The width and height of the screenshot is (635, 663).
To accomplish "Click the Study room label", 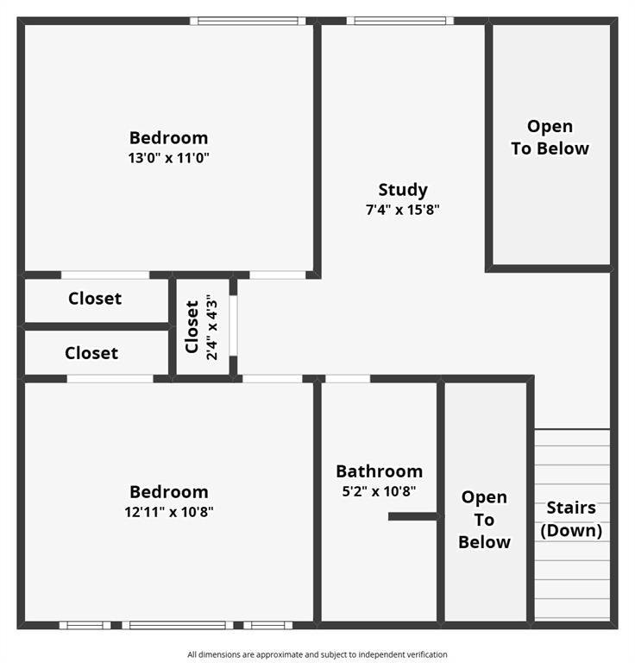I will tap(403, 190).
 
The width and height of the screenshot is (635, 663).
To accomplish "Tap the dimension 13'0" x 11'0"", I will tap(169, 158).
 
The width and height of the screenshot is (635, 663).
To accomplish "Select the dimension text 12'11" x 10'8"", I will tap(169, 511).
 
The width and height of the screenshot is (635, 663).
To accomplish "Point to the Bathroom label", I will tap(379, 471).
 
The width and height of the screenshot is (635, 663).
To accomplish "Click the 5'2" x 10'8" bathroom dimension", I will tap(379, 491).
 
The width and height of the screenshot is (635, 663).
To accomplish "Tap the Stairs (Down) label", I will tap(571, 519).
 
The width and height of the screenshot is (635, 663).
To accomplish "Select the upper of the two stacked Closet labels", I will tap(95, 299).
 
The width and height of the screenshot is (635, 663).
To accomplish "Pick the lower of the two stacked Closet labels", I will tap(91, 353).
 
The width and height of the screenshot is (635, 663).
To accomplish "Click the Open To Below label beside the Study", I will tap(550, 137).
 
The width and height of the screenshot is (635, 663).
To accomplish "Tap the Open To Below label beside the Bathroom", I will tap(484, 519).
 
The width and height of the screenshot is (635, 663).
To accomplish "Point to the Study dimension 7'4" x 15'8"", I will tap(403, 210).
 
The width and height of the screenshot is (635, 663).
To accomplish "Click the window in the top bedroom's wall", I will tap(248, 21).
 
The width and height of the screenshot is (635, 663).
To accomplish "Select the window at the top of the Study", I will tap(400, 21).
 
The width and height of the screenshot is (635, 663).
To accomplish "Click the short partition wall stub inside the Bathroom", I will tap(412, 516).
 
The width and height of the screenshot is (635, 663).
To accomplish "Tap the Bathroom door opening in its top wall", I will tap(348, 378).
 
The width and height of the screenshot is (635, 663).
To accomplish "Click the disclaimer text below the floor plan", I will tap(317, 654).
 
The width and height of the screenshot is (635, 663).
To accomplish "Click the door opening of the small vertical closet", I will tap(233, 326).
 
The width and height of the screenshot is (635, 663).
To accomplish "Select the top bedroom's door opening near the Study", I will tap(277, 275).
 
